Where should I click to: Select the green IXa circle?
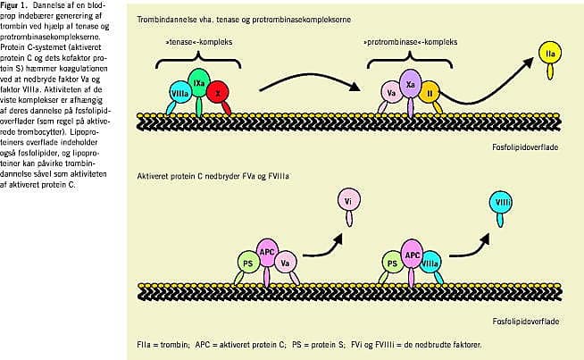(200, 82)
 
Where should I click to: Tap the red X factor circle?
(219, 92)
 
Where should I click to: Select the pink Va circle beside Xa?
(390, 92)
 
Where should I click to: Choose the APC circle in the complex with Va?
(265, 251)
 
